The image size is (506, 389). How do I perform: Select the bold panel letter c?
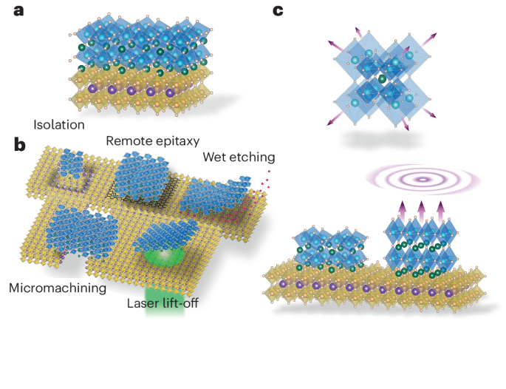pos(278,11)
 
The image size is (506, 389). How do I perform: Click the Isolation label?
pos(59,124)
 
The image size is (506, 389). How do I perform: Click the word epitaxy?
pos(181,141)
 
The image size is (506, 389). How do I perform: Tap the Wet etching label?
pos(239,157)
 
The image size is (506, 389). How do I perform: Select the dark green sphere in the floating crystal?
pos(383,78)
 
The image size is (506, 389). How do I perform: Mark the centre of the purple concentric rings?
pos(422,179)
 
